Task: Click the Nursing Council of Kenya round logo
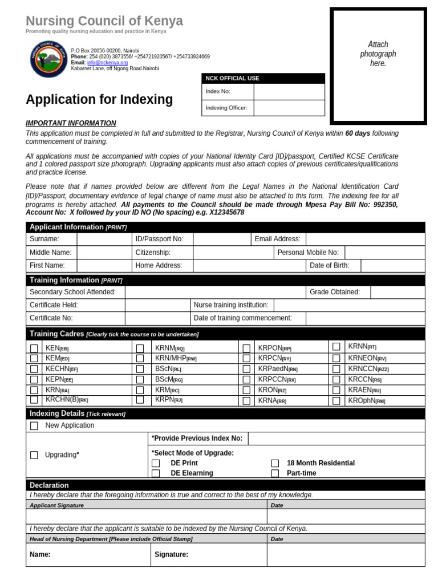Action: coord(48,59)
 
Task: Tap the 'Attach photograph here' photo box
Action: coord(378,66)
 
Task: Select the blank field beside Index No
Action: coord(289,92)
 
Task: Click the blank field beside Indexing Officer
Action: coord(289,108)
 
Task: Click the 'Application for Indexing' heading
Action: coord(99,100)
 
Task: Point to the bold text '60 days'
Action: coord(358,133)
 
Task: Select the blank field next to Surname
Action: coord(102,239)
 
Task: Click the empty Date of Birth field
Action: coord(392,265)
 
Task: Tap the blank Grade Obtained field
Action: coord(397,292)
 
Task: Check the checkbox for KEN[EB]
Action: coord(34,348)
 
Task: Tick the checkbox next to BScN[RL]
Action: coord(140,369)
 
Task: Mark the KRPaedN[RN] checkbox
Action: coord(246,369)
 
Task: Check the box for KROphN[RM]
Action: coord(336,401)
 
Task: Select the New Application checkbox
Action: coord(34,426)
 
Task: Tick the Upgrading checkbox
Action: coord(34,455)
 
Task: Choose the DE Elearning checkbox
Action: coord(156,473)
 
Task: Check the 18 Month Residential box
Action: coord(275,463)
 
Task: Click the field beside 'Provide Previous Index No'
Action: coord(336,439)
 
